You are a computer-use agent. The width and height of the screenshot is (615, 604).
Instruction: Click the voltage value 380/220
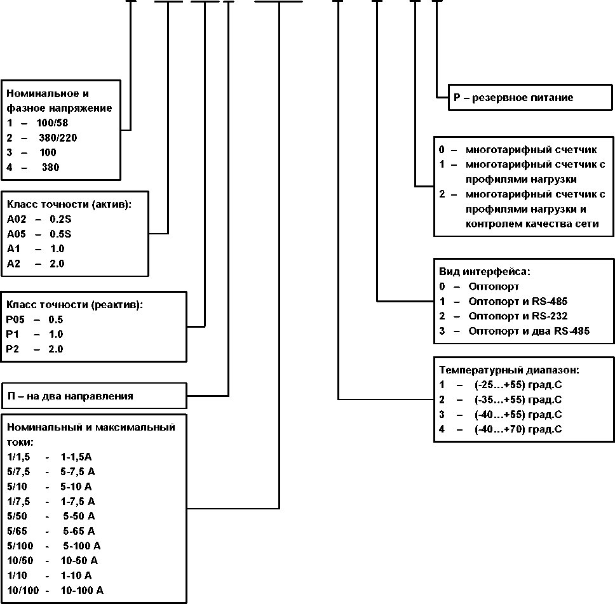click(x=58, y=138)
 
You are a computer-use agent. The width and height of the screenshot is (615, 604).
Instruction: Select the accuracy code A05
click(x=16, y=234)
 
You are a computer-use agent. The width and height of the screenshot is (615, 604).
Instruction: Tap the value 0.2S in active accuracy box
click(x=60, y=219)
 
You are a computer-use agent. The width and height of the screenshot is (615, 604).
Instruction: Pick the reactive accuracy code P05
click(x=15, y=319)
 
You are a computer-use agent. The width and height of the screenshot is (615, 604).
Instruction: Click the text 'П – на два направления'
click(x=71, y=396)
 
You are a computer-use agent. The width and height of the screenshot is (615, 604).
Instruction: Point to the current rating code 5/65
click(x=17, y=531)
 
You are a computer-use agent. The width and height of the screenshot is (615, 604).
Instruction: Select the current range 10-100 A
click(x=81, y=590)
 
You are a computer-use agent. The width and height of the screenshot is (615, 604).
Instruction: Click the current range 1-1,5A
click(x=76, y=457)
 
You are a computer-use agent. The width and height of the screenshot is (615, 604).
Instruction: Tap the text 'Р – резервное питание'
click(x=513, y=97)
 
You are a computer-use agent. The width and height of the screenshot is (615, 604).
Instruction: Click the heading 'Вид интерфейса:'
click(x=484, y=271)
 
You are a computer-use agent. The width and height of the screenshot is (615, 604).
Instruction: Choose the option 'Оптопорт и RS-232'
click(x=518, y=316)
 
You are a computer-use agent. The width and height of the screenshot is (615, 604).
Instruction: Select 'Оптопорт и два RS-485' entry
click(x=529, y=331)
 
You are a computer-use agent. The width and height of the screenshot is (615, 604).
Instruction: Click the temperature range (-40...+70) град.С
click(x=518, y=429)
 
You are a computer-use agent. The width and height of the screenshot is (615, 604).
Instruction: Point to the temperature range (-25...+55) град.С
click(x=518, y=385)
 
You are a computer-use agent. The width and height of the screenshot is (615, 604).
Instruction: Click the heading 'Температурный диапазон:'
click(x=509, y=370)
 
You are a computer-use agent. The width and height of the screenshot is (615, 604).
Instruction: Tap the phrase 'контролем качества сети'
click(x=532, y=224)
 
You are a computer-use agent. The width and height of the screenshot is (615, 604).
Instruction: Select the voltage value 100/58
click(x=52, y=123)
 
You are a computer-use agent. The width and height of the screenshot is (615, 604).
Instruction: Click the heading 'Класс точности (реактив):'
click(x=74, y=305)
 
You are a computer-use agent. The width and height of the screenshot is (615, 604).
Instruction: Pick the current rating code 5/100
click(x=20, y=546)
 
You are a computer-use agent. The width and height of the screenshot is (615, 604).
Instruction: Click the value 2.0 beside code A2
click(x=57, y=264)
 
